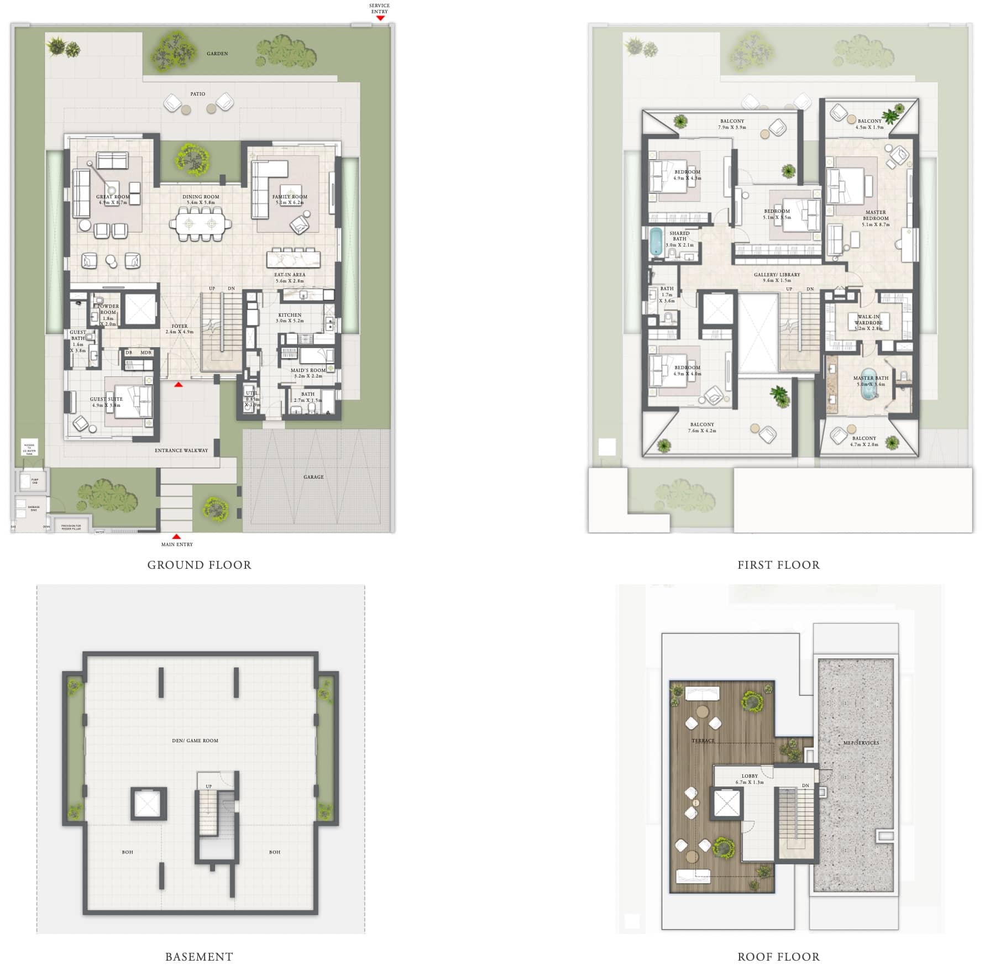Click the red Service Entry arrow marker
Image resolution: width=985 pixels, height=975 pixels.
380,18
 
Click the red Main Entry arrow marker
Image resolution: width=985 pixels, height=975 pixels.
176,537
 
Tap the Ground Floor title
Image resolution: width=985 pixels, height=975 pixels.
199,565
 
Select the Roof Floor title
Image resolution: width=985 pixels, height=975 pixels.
778,957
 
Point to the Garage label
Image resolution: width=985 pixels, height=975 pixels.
313,477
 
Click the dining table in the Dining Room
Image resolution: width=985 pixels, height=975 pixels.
200,224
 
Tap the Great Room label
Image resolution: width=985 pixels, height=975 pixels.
113,197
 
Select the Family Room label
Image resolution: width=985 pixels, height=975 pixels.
290,197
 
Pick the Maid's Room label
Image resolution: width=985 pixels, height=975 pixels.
308,370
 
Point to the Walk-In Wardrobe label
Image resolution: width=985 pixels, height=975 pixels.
868,320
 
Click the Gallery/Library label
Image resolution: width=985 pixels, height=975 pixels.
777,275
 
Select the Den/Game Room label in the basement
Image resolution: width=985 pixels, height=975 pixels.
195,741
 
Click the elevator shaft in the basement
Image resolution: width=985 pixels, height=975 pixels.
148,804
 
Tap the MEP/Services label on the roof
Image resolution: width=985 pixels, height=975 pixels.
861,743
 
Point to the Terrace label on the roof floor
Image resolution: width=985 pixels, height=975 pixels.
703,741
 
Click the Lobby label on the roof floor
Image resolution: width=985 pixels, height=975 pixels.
750,776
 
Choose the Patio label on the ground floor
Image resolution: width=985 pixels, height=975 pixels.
198,94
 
